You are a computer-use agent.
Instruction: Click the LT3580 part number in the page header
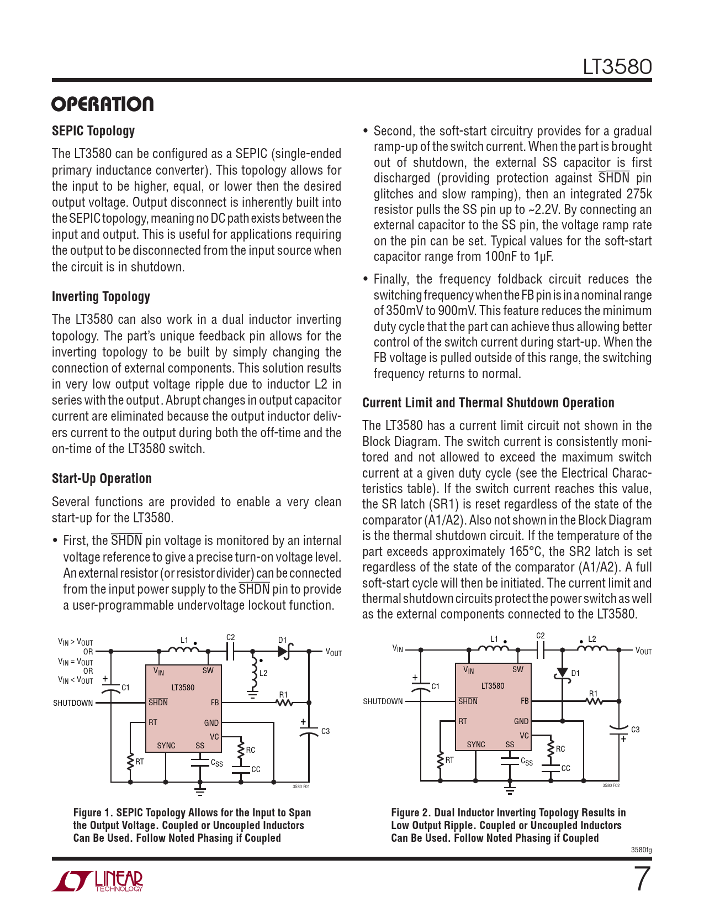[x=617, y=67]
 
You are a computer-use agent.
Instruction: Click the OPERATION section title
[x=103, y=104]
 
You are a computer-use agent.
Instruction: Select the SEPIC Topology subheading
[x=93, y=131]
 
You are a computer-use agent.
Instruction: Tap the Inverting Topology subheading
[x=101, y=297]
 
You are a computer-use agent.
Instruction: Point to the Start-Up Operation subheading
[x=102, y=479]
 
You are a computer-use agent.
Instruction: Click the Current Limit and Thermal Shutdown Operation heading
[x=488, y=403]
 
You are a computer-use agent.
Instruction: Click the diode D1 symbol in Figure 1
[x=285, y=651]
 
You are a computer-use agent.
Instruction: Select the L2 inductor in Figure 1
[x=254, y=670]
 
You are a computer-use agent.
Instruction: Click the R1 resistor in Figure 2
[x=594, y=701]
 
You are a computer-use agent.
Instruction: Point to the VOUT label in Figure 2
[x=643, y=651]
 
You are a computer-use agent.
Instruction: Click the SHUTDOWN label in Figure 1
[x=73, y=703]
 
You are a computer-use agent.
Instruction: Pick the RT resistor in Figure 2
[x=441, y=761]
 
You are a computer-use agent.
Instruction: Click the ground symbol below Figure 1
[x=200, y=791]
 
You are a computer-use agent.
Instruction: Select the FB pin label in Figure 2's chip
[x=525, y=701]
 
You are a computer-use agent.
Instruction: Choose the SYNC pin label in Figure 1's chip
[x=166, y=746]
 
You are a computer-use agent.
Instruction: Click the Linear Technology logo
[x=98, y=881]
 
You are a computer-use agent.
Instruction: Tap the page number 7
[x=642, y=879]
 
